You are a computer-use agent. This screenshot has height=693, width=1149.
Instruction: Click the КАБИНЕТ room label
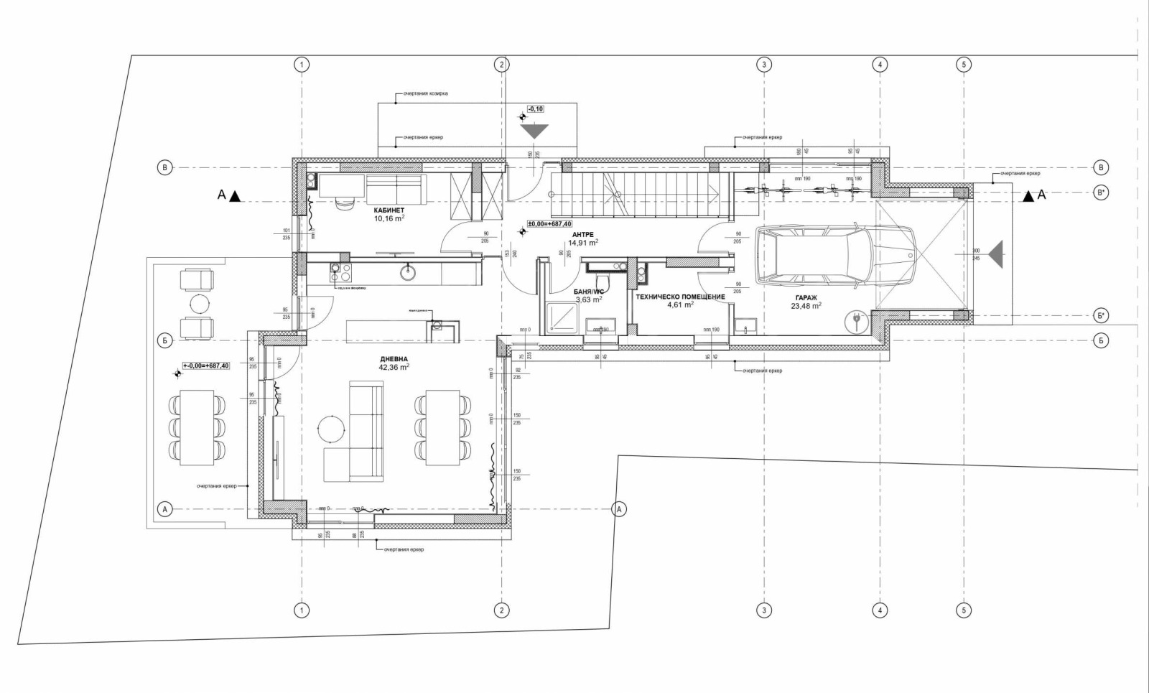[x=389, y=210]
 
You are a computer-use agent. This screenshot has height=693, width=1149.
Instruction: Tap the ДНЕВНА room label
[x=394, y=359]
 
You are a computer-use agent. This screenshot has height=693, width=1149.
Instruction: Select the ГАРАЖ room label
[x=806, y=297]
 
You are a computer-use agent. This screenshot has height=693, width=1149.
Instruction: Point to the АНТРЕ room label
[x=582, y=235]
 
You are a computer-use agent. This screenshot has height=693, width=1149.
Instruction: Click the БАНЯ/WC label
[x=588, y=292]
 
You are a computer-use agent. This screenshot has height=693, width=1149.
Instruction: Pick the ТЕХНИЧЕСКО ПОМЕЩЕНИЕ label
[x=680, y=297]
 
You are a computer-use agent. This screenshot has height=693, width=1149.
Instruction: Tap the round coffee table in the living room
[x=332, y=429]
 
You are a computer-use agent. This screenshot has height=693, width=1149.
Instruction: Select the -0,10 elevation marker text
[x=536, y=109]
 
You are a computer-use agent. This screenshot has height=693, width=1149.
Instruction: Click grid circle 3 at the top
[x=764, y=65]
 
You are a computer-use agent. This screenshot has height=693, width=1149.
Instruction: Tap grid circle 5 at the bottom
[x=964, y=610]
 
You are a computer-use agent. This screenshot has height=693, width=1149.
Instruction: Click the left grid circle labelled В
[x=164, y=168]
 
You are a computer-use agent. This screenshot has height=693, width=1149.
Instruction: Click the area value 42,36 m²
[x=394, y=367]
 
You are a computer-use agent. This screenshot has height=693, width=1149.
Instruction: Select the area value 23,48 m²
[x=806, y=305]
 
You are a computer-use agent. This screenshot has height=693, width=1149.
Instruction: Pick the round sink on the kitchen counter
[x=409, y=271]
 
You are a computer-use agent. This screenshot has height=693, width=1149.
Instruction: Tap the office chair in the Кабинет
[x=344, y=203]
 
